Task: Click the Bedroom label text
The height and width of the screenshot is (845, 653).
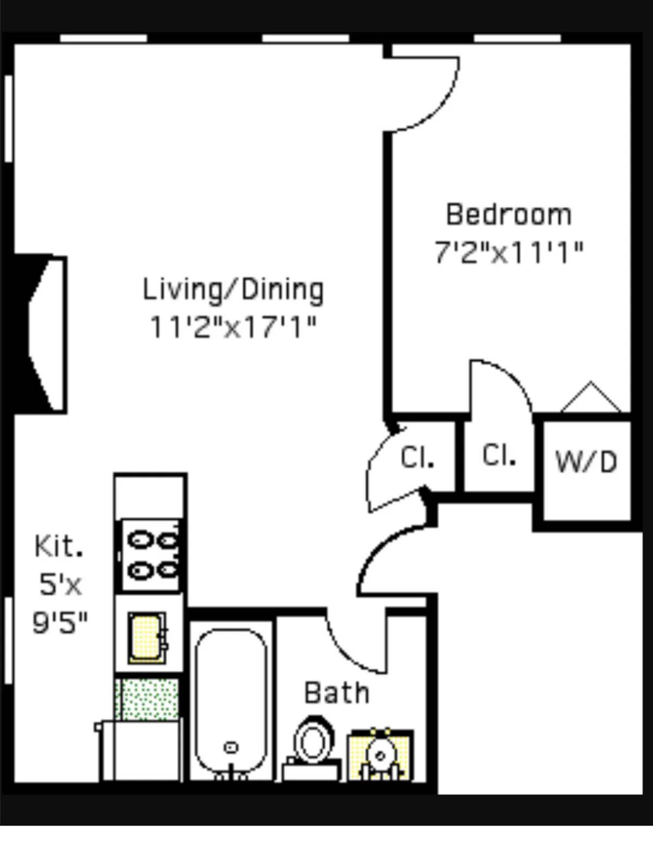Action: pos(509,214)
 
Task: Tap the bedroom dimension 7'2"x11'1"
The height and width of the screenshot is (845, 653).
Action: pos(509,252)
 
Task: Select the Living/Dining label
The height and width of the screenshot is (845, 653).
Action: pos(233,289)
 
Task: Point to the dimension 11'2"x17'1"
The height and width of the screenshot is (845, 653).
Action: pos(233,327)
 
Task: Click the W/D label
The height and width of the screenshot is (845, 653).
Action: pos(586,462)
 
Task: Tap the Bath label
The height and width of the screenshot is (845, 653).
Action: pos(337,693)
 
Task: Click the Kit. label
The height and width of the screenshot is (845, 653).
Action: pos(59,546)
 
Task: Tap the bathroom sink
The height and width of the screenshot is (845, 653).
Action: pos(380,755)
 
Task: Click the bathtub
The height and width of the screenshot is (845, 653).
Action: pos(231,702)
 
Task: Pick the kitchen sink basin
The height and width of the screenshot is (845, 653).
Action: pos(146,638)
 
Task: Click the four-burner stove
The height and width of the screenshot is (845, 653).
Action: pos(151,556)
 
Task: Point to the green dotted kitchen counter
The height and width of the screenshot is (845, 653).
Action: pos(147,699)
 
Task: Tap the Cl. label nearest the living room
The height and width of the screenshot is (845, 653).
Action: pos(417,458)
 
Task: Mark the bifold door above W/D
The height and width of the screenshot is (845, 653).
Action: pos(590,397)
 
